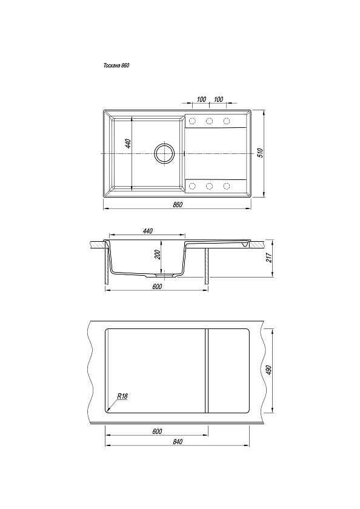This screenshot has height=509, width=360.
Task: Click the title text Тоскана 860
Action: [x=116, y=65]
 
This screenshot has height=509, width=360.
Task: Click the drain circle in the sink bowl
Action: [x=164, y=153]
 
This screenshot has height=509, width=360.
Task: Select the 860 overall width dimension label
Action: [x=178, y=205]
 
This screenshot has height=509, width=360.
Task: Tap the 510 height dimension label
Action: [x=259, y=153]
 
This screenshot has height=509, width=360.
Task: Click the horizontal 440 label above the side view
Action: [x=147, y=231]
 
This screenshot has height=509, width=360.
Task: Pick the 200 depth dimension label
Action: [x=158, y=255]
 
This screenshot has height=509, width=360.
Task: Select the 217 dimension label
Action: [x=268, y=258]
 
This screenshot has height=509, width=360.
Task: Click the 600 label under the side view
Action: [x=157, y=286]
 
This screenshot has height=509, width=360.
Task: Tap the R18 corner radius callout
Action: [x=122, y=396]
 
